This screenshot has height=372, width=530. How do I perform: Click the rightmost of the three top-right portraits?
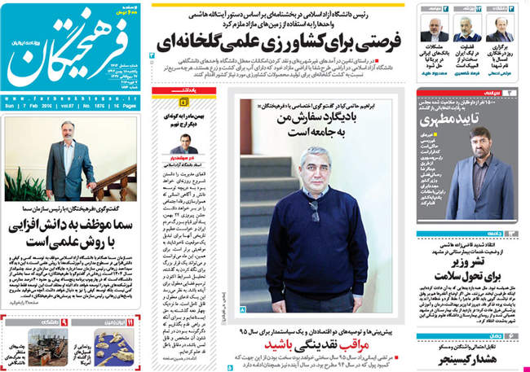(x=499, y=29)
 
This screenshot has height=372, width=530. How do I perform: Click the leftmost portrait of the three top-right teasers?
(x=434, y=29)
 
